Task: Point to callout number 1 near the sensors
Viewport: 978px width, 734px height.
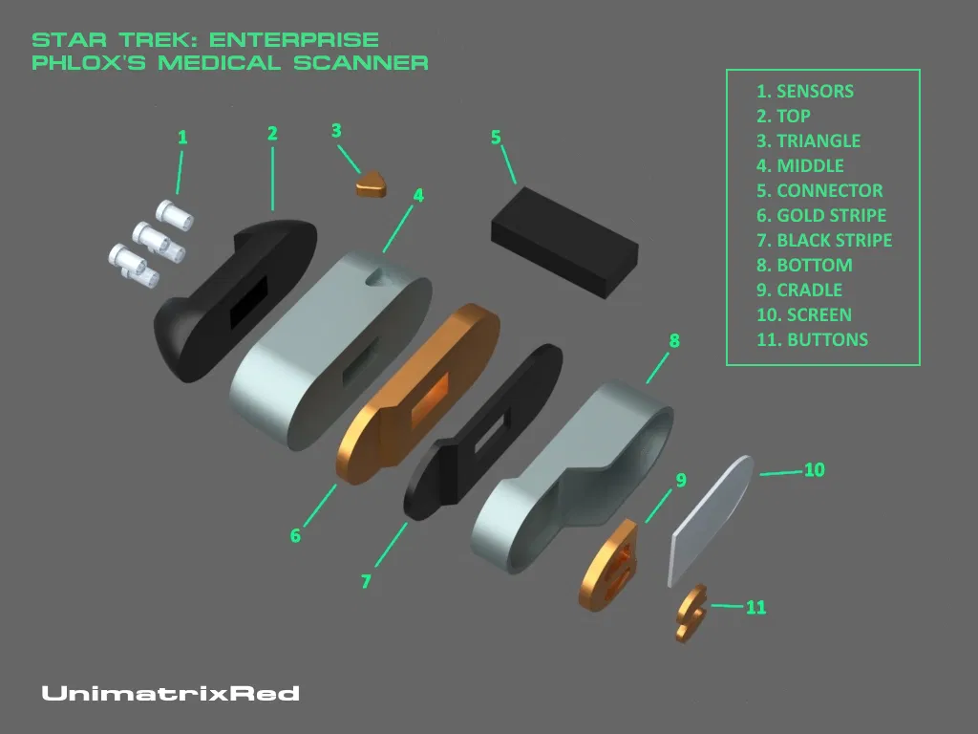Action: [x=182, y=138]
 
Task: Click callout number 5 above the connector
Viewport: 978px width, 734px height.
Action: [x=496, y=137]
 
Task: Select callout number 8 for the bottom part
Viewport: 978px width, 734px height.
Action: [x=674, y=340]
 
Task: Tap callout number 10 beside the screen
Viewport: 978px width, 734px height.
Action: [x=814, y=469]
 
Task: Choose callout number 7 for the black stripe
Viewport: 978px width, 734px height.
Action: [x=367, y=581]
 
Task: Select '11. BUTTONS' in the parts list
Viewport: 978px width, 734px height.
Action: [x=812, y=339]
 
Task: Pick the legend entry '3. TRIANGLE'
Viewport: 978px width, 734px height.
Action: [x=808, y=140]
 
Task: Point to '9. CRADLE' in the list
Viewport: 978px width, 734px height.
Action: [x=799, y=290]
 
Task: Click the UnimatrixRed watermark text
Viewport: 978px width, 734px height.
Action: [x=170, y=693]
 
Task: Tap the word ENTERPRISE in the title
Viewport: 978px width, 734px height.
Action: [x=294, y=40]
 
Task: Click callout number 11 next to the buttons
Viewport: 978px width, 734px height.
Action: [x=755, y=607]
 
